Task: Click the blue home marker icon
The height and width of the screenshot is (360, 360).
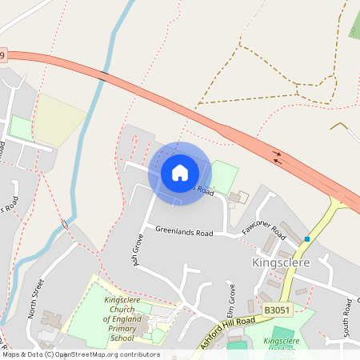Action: point(179,173)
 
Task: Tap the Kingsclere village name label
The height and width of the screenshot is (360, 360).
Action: point(286,262)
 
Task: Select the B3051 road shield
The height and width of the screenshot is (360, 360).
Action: point(275,308)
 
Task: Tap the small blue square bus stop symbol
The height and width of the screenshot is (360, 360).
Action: point(306,238)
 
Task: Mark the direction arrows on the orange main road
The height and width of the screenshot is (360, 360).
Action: point(278,156)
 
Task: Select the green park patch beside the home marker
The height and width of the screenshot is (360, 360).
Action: point(224,174)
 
